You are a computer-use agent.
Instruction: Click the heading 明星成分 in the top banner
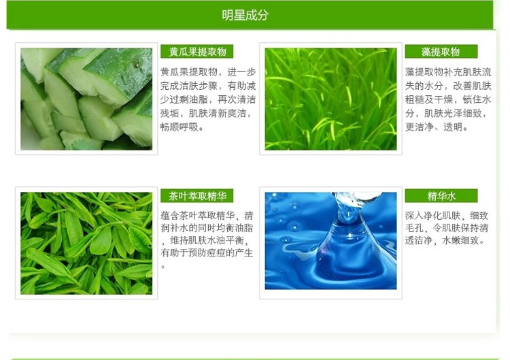pyautogui.click(x=245, y=15)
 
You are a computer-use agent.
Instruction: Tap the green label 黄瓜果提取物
pyautogui.click(x=197, y=52)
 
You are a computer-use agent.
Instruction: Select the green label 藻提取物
pyautogui.click(x=441, y=52)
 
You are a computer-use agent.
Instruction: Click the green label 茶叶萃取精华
pyautogui.click(x=197, y=195)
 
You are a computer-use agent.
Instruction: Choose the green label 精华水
pyautogui.click(x=441, y=195)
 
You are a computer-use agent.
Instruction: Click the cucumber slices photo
pyautogui.click(x=86, y=99)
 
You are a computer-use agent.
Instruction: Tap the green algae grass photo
pyautogui.click(x=330, y=99)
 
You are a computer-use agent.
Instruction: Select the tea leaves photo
pyautogui.click(x=86, y=244)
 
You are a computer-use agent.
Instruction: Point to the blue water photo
pyautogui.click(x=330, y=241)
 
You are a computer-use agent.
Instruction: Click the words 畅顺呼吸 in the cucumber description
pyautogui.click(x=179, y=127)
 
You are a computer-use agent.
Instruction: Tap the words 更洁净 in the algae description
pyautogui.click(x=420, y=127)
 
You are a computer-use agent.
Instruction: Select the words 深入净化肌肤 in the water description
pyautogui.click(x=432, y=216)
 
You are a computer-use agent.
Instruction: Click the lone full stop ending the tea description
pyautogui.click(x=163, y=267)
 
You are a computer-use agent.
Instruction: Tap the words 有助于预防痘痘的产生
pyautogui.click(x=207, y=253)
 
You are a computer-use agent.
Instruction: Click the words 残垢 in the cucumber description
pyautogui.click(x=169, y=113)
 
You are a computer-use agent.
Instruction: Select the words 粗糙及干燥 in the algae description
pyautogui.click(x=429, y=99)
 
